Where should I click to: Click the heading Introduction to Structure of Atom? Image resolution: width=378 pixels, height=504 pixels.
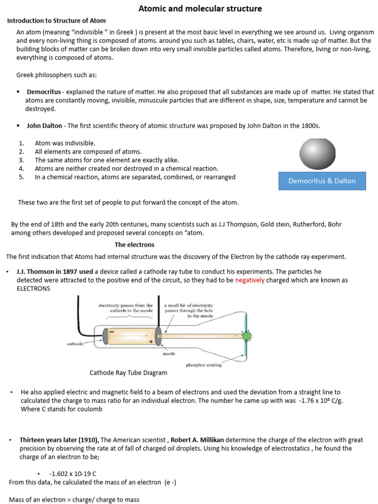(56, 21)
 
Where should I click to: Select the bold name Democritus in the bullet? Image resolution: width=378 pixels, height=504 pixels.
(44, 92)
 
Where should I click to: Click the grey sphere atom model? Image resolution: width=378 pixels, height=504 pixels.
(317, 154)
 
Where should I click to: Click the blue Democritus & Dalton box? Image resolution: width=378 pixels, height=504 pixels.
(322, 181)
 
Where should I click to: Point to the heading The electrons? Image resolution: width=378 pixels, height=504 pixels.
(134, 245)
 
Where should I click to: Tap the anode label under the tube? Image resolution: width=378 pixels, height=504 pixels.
(169, 353)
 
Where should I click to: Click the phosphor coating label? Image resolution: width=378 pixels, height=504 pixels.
(204, 365)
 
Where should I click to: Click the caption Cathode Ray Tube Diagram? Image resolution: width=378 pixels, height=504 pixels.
(128, 373)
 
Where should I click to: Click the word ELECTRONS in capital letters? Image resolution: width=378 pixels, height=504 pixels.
(33, 288)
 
